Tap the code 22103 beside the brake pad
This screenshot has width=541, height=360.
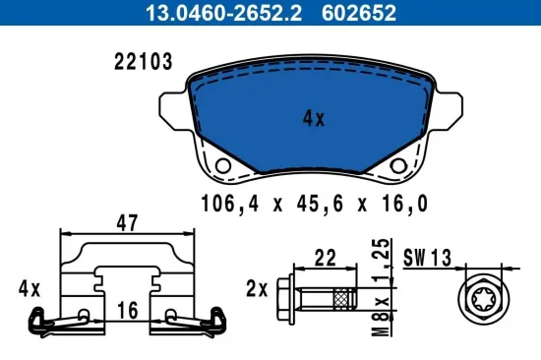(x=145, y=62)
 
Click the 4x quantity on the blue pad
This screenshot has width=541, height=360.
(x=314, y=119)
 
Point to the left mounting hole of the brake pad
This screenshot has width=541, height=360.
(x=223, y=165)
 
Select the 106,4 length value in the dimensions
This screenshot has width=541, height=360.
(x=221, y=205)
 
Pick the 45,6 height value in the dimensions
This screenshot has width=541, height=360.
(x=314, y=205)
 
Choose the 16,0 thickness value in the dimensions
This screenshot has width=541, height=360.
(x=403, y=205)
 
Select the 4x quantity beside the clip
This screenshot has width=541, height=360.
(x=30, y=289)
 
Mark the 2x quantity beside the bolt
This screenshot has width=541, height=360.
(x=256, y=289)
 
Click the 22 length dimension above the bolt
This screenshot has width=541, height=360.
(x=326, y=257)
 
